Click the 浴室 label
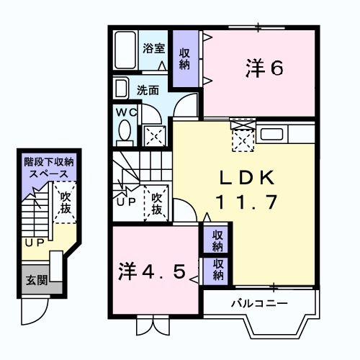point(153,49)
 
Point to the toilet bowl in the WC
point(124,132)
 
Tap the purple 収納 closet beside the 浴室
point(185,58)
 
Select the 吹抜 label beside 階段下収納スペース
point(66,202)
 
